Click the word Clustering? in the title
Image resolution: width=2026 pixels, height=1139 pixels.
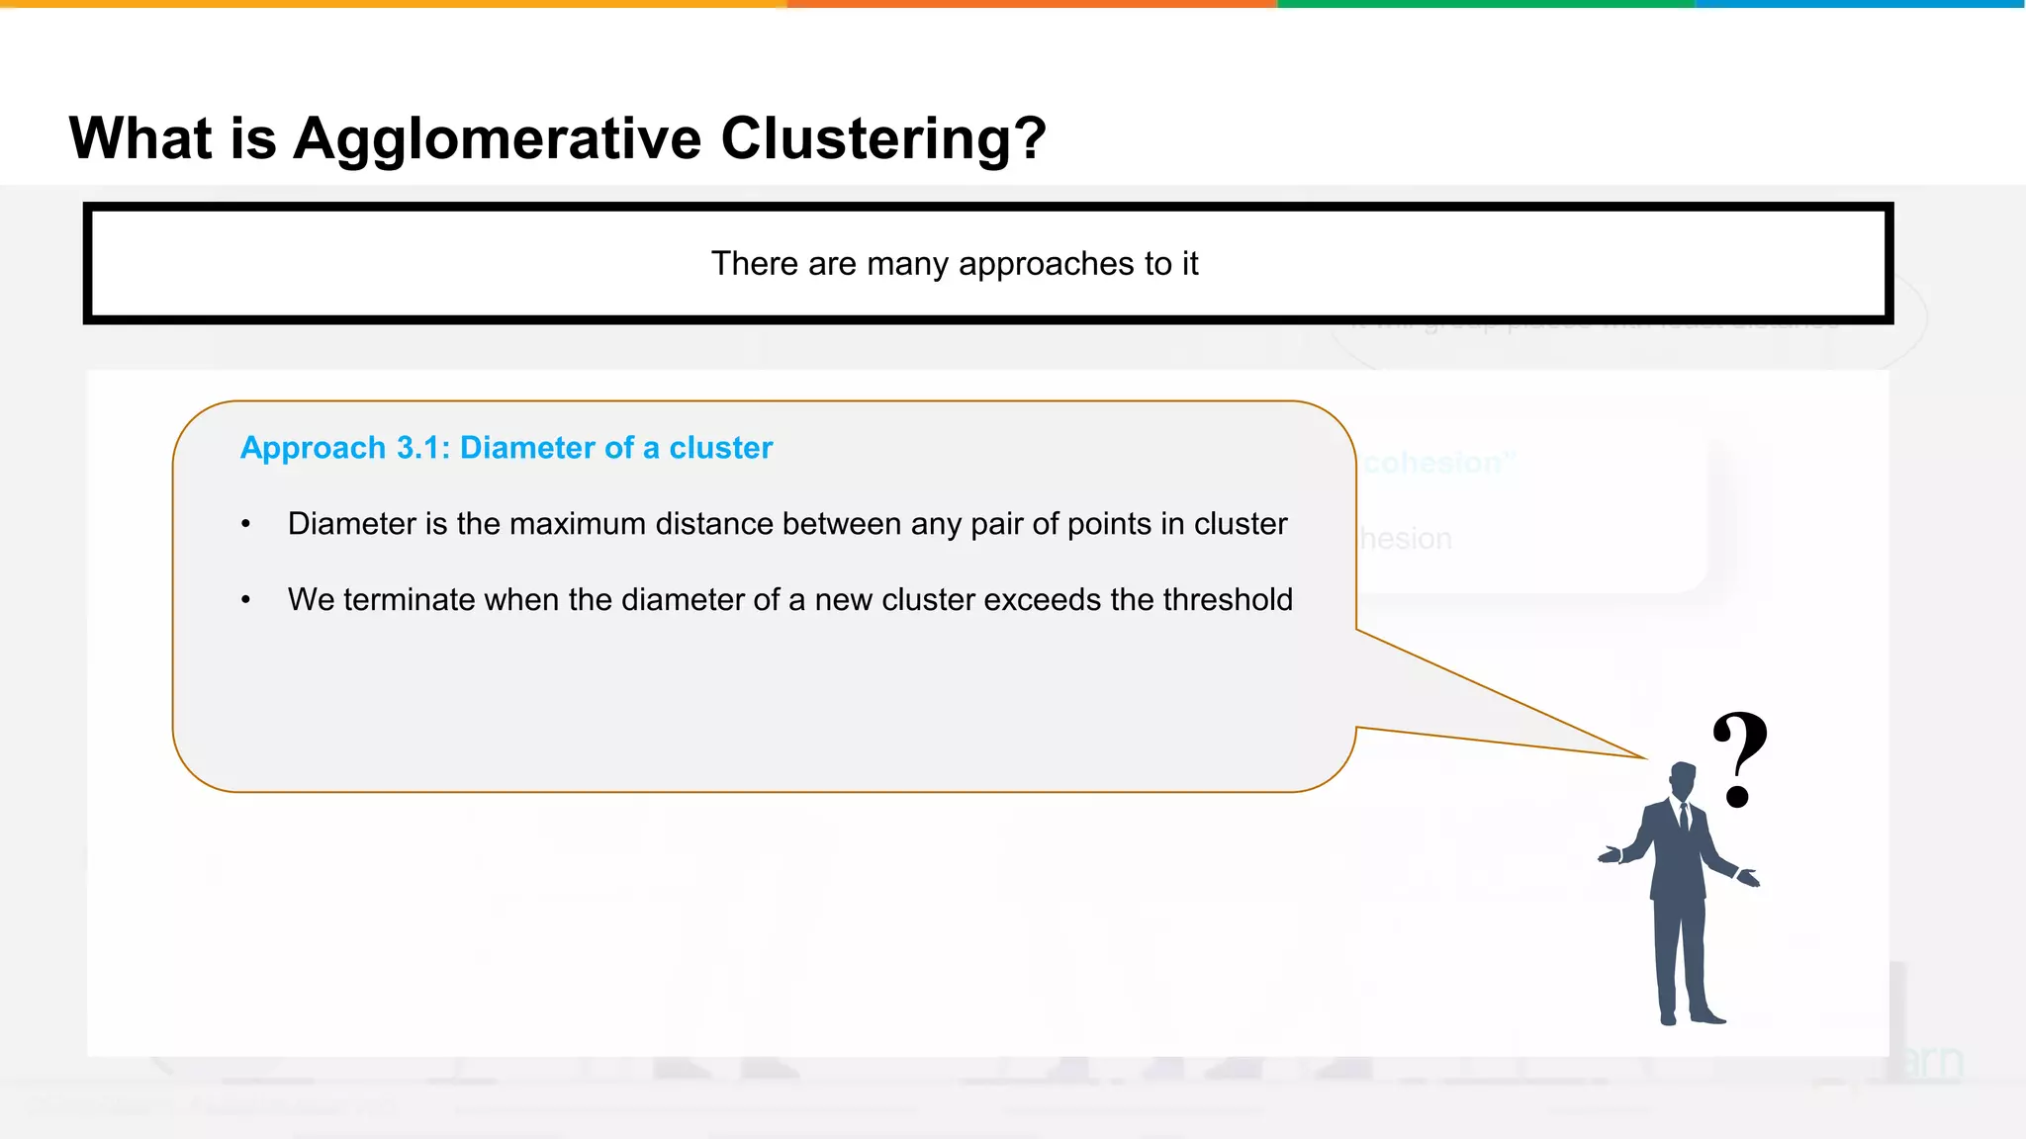pos(882,138)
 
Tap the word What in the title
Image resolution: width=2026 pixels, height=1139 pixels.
pos(139,137)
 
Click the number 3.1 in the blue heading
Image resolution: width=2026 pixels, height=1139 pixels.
pos(422,448)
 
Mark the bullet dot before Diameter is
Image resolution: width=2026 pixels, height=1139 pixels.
pos(245,525)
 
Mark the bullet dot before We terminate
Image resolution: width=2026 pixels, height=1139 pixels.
pos(245,601)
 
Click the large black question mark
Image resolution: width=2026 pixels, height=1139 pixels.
pos(1739,757)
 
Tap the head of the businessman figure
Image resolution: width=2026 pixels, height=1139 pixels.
pos(1682,779)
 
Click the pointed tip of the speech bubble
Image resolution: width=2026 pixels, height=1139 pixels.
pos(1644,757)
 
